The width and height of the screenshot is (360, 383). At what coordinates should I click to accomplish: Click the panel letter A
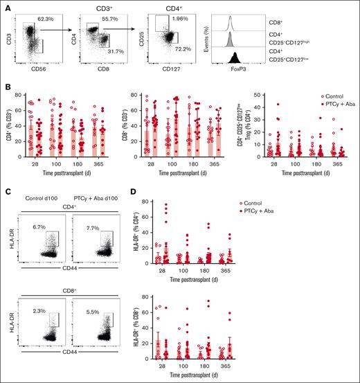pos(5,4)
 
